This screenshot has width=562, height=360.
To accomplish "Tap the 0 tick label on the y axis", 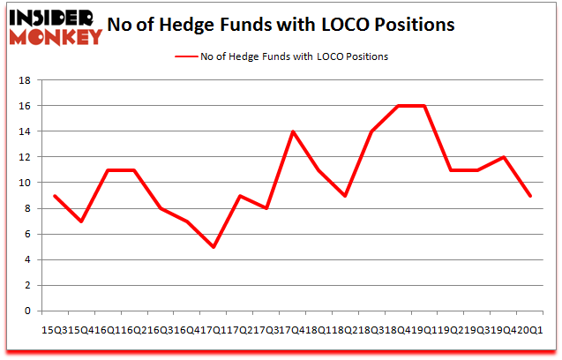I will click(x=29, y=311).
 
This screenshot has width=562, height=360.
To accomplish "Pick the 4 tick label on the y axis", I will click(x=29, y=259).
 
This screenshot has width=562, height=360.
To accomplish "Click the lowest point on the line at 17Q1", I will click(x=214, y=246).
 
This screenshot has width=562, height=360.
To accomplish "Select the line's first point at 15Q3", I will click(x=56, y=195).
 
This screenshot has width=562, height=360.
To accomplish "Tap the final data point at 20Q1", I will click(x=530, y=195).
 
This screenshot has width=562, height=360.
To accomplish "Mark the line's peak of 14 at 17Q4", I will click(x=293, y=131).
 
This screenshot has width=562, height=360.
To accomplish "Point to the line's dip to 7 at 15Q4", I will click(x=82, y=221).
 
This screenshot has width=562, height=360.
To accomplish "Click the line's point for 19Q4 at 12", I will click(x=504, y=157).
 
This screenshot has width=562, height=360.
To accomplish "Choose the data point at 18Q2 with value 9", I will click(x=346, y=195).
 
